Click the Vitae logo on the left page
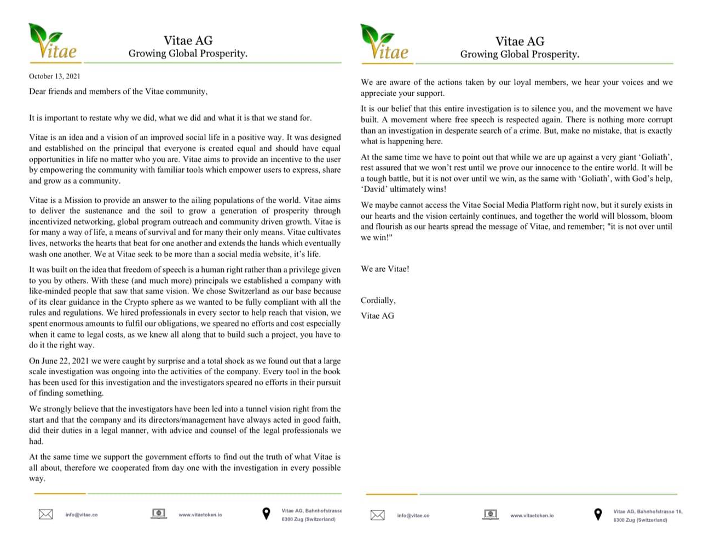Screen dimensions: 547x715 coord(53,42)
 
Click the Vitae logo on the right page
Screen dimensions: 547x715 coord(384,43)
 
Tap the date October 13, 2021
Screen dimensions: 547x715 coord(55,76)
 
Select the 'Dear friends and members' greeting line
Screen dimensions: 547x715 coord(118,92)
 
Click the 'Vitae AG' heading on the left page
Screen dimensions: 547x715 coord(188,41)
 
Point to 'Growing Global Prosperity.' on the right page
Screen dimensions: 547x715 coord(520,54)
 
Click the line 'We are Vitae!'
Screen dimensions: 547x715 coord(385,269)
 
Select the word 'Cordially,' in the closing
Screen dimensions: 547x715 coord(378,300)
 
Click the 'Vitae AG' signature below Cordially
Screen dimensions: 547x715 coord(377,316)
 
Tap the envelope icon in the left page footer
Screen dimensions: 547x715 coord(46,514)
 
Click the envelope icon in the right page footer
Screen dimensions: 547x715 coord(378,515)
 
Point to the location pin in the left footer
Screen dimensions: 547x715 coord(266,514)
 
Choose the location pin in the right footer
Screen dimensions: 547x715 coord(598,515)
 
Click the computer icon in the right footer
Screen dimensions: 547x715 coord(491,514)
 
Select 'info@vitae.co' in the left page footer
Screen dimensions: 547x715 coord(82,515)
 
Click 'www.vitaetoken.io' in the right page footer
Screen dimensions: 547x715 coord(532,515)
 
